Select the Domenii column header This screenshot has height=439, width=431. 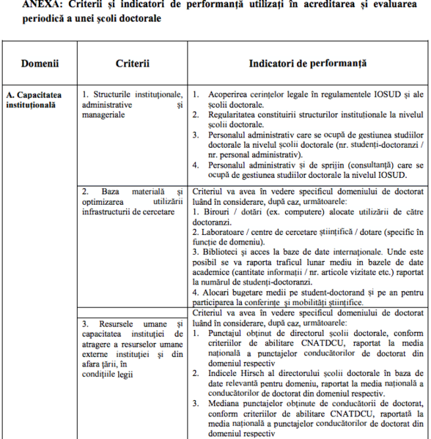pyautogui.click(x=40, y=64)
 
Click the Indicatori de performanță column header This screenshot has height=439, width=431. pyautogui.click(x=307, y=64)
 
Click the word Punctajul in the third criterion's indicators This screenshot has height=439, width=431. pyautogui.click(x=229, y=332)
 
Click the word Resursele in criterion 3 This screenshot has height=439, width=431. pyautogui.click(x=111, y=323)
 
